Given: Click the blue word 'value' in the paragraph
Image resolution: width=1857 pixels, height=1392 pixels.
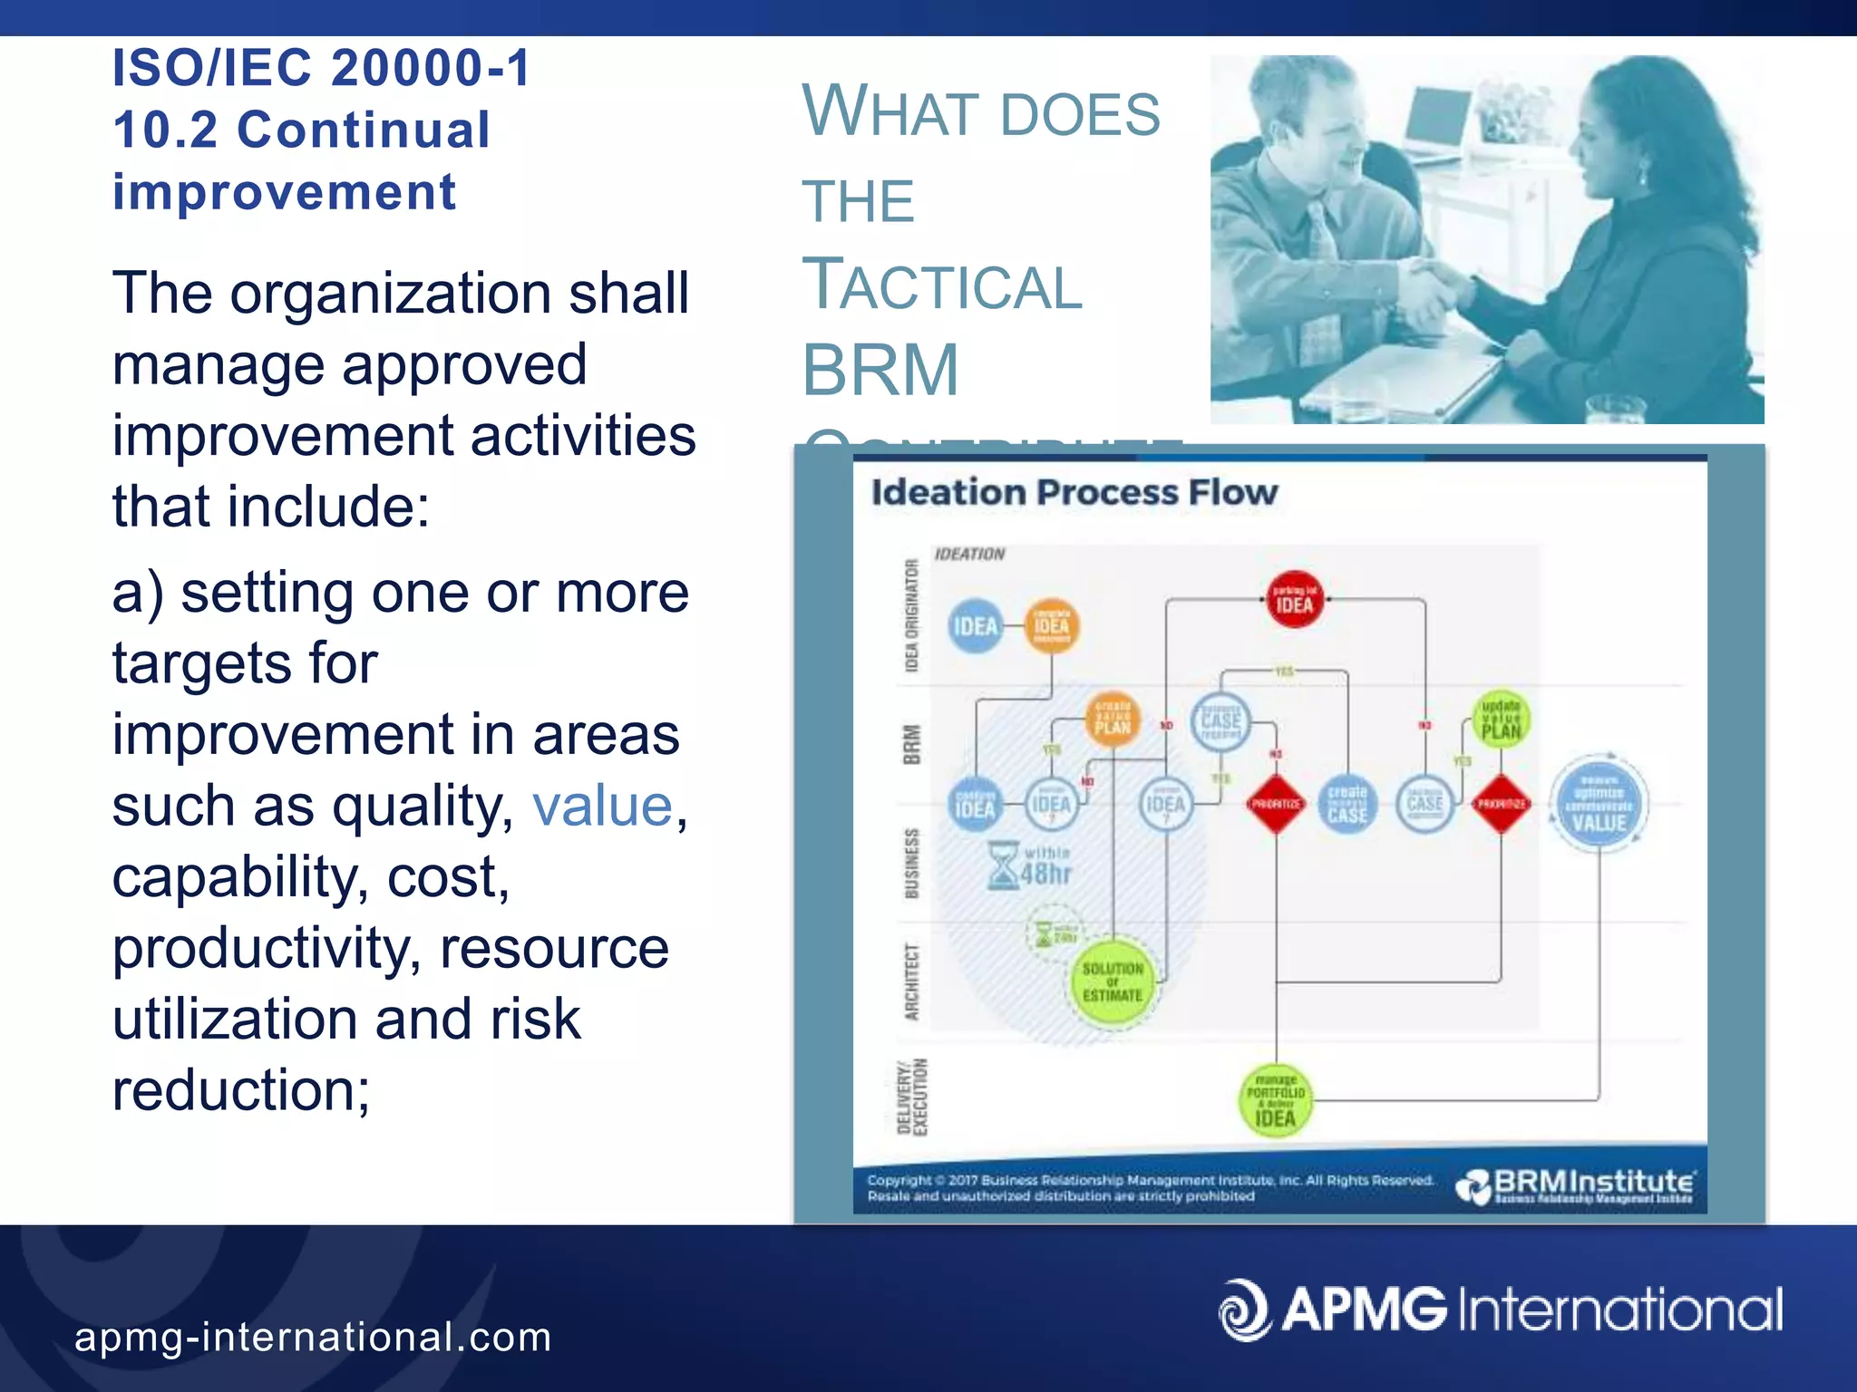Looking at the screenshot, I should pyautogui.click(x=602, y=806).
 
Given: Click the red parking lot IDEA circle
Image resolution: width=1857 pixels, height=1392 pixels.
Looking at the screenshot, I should pyautogui.click(x=1294, y=600).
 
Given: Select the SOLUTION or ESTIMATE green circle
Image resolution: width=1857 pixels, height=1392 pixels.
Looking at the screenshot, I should pyautogui.click(x=1113, y=982).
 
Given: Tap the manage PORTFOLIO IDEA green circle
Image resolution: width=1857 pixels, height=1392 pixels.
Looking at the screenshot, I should pyautogui.click(x=1275, y=1100).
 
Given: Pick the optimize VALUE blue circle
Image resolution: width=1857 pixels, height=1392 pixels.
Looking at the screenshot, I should pyautogui.click(x=1599, y=805).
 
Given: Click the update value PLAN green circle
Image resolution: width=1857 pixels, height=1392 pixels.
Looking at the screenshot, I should pyautogui.click(x=1501, y=720).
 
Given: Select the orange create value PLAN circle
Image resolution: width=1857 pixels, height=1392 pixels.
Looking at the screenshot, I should pyautogui.click(x=1113, y=717).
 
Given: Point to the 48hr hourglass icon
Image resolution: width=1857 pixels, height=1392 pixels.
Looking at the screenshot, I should pyautogui.click(x=1004, y=865).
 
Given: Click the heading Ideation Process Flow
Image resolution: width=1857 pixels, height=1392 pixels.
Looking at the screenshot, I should pyautogui.click(x=1074, y=493).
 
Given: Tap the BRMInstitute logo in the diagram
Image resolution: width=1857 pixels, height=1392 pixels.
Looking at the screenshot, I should pyautogui.click(x=1575, y=1185).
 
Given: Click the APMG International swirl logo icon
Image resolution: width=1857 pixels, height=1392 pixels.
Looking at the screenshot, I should pyautogui.click(x=1244, y=1309).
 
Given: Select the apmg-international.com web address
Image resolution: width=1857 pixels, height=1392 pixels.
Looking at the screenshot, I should pyautogui.click(x=313, y=1337).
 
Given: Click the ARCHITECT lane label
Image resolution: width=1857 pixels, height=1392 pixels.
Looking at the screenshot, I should pyautogui.click(x=912, y=981).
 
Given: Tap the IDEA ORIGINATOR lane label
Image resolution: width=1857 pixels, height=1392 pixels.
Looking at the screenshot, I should pyautogui.click(x=912, y=616).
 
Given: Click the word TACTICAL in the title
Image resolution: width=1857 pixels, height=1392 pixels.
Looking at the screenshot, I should pyautogui.click(x=942, y=285).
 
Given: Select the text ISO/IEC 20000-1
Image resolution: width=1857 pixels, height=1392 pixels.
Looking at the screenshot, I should pyautogui.click(x=321, y=68).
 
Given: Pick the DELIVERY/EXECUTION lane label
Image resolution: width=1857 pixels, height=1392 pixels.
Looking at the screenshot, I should pyautogui.click(x=912, y=1097).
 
